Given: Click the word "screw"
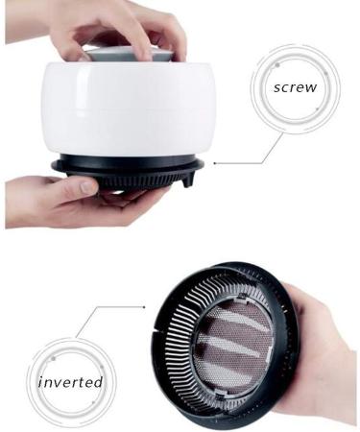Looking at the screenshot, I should coord(295,87).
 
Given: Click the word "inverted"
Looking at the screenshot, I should coord(70,381).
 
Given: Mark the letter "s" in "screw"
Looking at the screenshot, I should coord(277,87).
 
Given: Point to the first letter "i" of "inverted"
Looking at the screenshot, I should coord(41,381).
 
